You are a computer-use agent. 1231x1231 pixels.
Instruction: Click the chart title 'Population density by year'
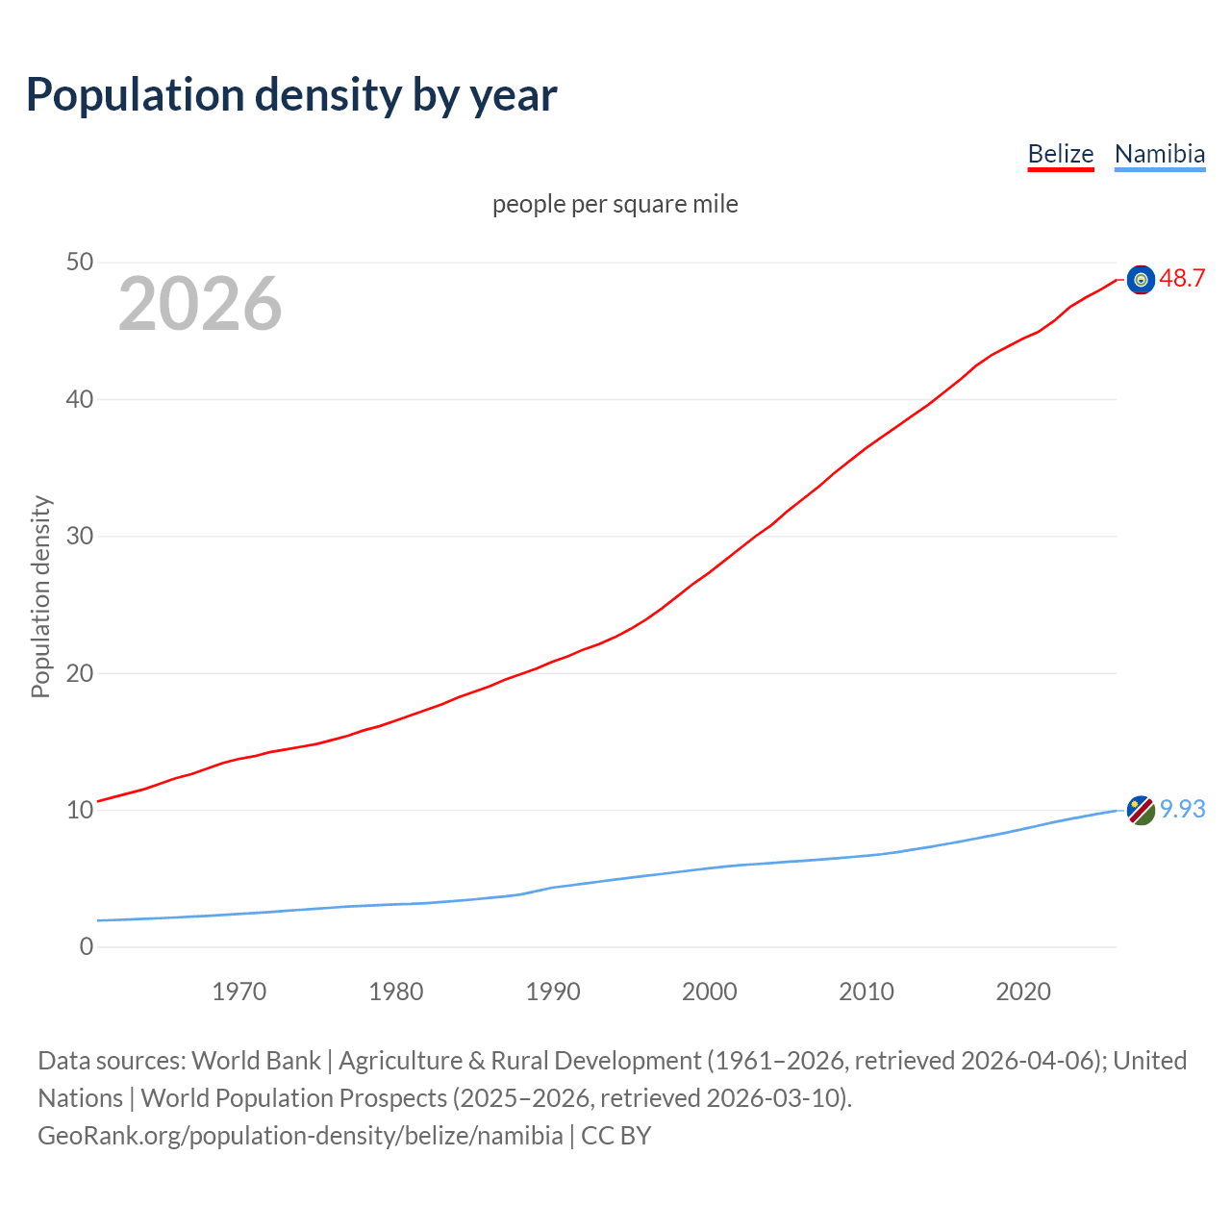291,95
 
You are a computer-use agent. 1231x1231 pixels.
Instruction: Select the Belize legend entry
1061,154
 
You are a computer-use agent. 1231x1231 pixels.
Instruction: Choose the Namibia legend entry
1159,154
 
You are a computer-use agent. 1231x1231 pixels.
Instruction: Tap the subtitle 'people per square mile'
615,204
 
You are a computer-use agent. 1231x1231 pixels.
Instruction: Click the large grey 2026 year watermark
200,304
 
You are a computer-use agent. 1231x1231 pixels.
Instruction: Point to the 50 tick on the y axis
80,263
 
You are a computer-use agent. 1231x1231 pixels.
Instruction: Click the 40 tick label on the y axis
80,399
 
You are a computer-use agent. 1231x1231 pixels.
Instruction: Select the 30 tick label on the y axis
80,536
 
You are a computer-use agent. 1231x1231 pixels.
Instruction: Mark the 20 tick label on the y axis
80,673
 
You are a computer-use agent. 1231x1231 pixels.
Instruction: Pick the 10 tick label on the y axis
80,810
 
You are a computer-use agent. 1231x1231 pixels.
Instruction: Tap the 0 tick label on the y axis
87,946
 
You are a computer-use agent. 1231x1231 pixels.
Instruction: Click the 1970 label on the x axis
239,992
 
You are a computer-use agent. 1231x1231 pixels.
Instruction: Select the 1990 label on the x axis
553,992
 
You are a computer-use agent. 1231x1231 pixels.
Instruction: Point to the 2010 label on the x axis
867,992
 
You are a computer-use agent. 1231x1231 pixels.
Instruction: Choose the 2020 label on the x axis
1023,992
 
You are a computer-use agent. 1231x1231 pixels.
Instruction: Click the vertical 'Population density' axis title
40,596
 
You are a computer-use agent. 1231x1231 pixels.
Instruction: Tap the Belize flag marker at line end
1141,280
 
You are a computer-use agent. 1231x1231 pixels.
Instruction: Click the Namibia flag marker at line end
1141,810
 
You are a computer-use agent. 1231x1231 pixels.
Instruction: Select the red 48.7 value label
1182,279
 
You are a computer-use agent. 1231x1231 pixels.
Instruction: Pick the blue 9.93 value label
1182,810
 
